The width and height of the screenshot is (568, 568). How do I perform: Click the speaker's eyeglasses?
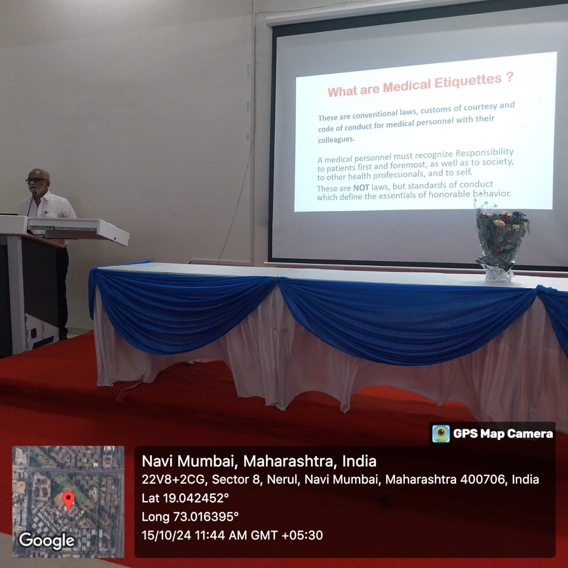pyautogui.click(x=35, y=180)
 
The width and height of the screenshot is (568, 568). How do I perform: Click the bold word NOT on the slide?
pyautogui.click(x=361, y=188)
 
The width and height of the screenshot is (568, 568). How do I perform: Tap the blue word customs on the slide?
pyautogui.click(x=436, y=110)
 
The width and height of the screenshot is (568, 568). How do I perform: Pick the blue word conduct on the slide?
pyautogui.click(x=358, y=127)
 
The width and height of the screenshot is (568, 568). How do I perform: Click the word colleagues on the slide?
pyautogui.click(x=336, y=140)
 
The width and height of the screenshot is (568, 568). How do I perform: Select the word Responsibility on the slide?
pyautogui.click(x=485, y=153)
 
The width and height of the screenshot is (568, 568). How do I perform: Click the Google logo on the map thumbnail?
pyautogui.click(x=47, y=540)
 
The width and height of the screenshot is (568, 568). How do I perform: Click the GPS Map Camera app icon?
pyautogui.click(x=441, y=434)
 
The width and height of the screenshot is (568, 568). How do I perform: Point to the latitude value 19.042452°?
pyautogui.click(x=196, y=498)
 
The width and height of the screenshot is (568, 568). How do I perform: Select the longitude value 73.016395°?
pyautogui.click(x=206, y=517)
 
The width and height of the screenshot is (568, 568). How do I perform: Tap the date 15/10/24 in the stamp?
pyautogui.click(x=166, y=535)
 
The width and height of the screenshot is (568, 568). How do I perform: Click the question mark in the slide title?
pyautogui.click(x=509, y=77)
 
